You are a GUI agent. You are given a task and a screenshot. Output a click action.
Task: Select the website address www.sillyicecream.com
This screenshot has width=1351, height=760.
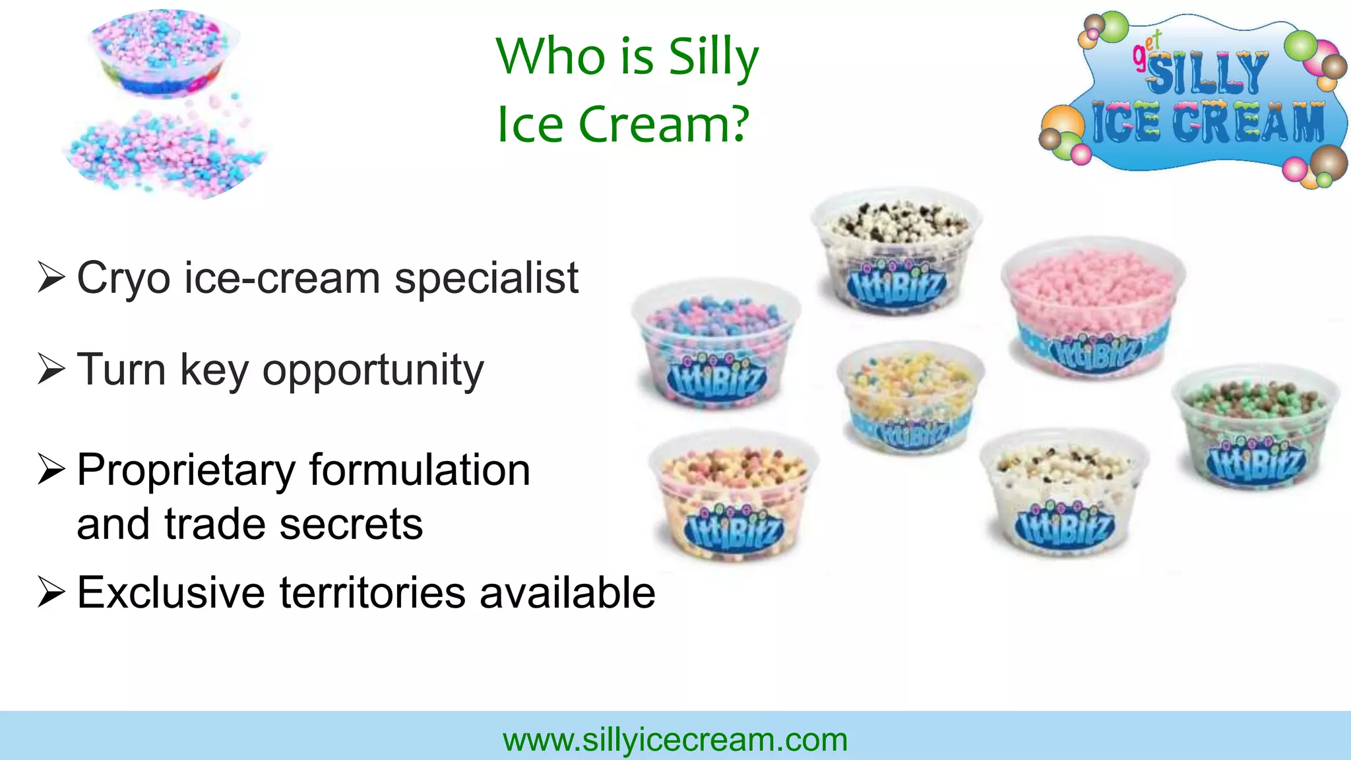[x=675, y=740]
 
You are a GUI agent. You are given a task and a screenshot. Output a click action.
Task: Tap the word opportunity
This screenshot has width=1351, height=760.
[x=373, y=371]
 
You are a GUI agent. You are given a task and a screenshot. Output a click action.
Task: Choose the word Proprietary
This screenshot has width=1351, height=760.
[x=186, y=471]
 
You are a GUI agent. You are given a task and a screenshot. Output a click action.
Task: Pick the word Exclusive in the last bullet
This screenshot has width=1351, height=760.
[x=171, y=592]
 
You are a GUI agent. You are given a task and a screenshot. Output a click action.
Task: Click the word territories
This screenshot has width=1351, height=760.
[x=373, y=592]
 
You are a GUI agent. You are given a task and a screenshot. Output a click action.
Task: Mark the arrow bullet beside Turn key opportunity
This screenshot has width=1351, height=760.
[x=51, y=369]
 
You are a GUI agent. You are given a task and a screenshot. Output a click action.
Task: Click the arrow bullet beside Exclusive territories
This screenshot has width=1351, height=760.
[x=51, y=591]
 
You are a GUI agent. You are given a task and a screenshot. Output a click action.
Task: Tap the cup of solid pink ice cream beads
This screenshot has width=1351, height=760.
[x=1092, y=307]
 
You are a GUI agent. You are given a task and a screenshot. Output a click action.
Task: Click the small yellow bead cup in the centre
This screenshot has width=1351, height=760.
[x=910, y=396]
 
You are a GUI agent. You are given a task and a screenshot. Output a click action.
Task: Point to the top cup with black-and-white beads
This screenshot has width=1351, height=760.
[x=896, y=251]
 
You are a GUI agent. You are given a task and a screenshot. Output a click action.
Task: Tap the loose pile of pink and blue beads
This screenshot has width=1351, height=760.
[x=165, y=155]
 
